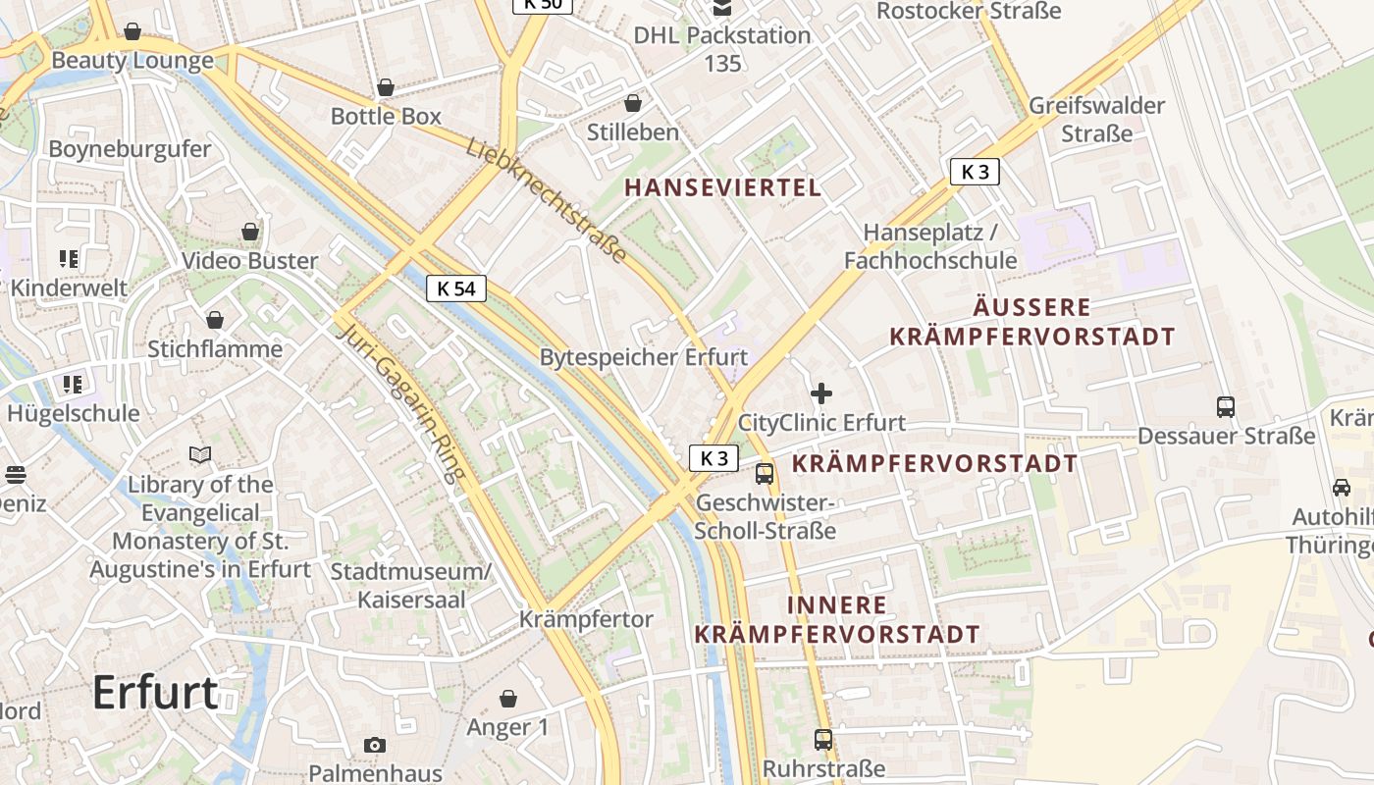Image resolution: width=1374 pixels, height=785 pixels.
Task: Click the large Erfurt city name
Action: [x=155, y=693]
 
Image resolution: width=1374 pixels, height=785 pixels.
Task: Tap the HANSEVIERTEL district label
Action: [x=722, y=187]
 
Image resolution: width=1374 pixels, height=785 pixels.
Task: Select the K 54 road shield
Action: [x=456, y=288]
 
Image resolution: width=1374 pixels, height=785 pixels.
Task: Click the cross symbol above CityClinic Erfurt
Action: [x=821, y=394]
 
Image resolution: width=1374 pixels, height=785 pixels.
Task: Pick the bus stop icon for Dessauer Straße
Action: [x=1225, y=406]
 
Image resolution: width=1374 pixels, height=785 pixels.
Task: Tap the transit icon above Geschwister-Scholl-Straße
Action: [x=765, y=474]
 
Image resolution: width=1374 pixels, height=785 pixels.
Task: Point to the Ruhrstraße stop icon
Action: [x=823, y=739]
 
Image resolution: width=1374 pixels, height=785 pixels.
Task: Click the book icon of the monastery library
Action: [x=200, y=455]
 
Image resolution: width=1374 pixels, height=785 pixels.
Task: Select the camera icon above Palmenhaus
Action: [x=375, y=745]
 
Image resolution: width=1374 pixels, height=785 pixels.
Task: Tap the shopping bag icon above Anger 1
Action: [x=508, y=699]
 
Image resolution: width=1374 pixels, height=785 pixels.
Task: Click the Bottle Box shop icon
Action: [x=386, y=87]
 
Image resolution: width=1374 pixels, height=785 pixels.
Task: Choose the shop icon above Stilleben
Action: [x=633, y=103]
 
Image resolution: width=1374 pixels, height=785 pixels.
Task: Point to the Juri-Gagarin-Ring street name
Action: [x=399, y=402]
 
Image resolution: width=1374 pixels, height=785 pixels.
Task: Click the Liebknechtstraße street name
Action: [x=546, y=200]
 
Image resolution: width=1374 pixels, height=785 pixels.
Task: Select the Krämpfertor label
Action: [x=586, y=619]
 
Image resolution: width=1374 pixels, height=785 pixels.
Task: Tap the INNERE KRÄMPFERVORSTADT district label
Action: [x=837, y=619]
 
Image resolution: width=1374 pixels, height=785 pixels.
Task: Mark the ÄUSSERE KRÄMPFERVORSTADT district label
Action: [x=1031, y=322]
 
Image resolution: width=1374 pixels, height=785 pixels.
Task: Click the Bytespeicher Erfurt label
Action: [x=644, y=357]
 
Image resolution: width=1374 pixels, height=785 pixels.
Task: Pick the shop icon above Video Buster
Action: [x=250, y=232]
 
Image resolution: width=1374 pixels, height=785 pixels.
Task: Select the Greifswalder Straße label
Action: [x=1097, y=119]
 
